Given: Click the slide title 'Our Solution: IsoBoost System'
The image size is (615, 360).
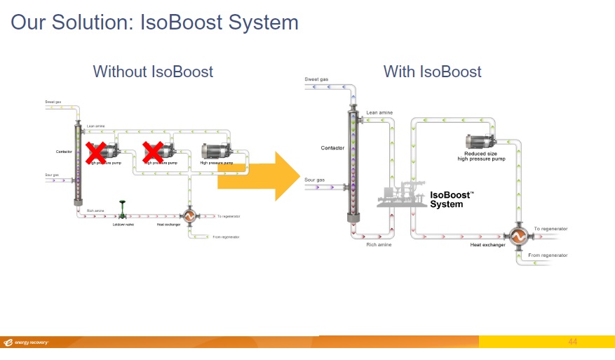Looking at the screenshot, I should (x=154, y=22).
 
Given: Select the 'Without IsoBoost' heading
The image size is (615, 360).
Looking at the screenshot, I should (x=153, y=72).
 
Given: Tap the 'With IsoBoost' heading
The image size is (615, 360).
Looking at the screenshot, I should (x=432, y=72).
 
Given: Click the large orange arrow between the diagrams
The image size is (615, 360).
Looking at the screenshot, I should (x=259, y=176).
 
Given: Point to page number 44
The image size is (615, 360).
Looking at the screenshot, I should (x=572, y=342).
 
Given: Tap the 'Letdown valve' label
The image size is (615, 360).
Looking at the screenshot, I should (x=123, y=225).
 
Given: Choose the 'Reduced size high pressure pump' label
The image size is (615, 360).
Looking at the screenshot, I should (x=481, y=156).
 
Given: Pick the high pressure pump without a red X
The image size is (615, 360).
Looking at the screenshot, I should (x=219, y=151).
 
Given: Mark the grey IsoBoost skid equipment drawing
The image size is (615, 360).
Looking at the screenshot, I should (x=400, y=196).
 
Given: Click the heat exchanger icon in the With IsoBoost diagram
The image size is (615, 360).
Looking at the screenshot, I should (x=519, y=237).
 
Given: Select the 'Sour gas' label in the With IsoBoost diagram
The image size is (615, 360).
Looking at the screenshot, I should (x=315, y=180).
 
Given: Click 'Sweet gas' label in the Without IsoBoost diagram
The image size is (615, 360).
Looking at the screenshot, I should (x=53, y=102).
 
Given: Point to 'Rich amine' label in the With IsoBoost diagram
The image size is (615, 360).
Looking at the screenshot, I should (x=379, y=245).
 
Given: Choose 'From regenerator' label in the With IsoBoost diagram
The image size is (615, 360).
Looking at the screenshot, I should (x=548, y=255).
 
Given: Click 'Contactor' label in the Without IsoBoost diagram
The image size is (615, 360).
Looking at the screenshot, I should (x=64, y=152).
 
